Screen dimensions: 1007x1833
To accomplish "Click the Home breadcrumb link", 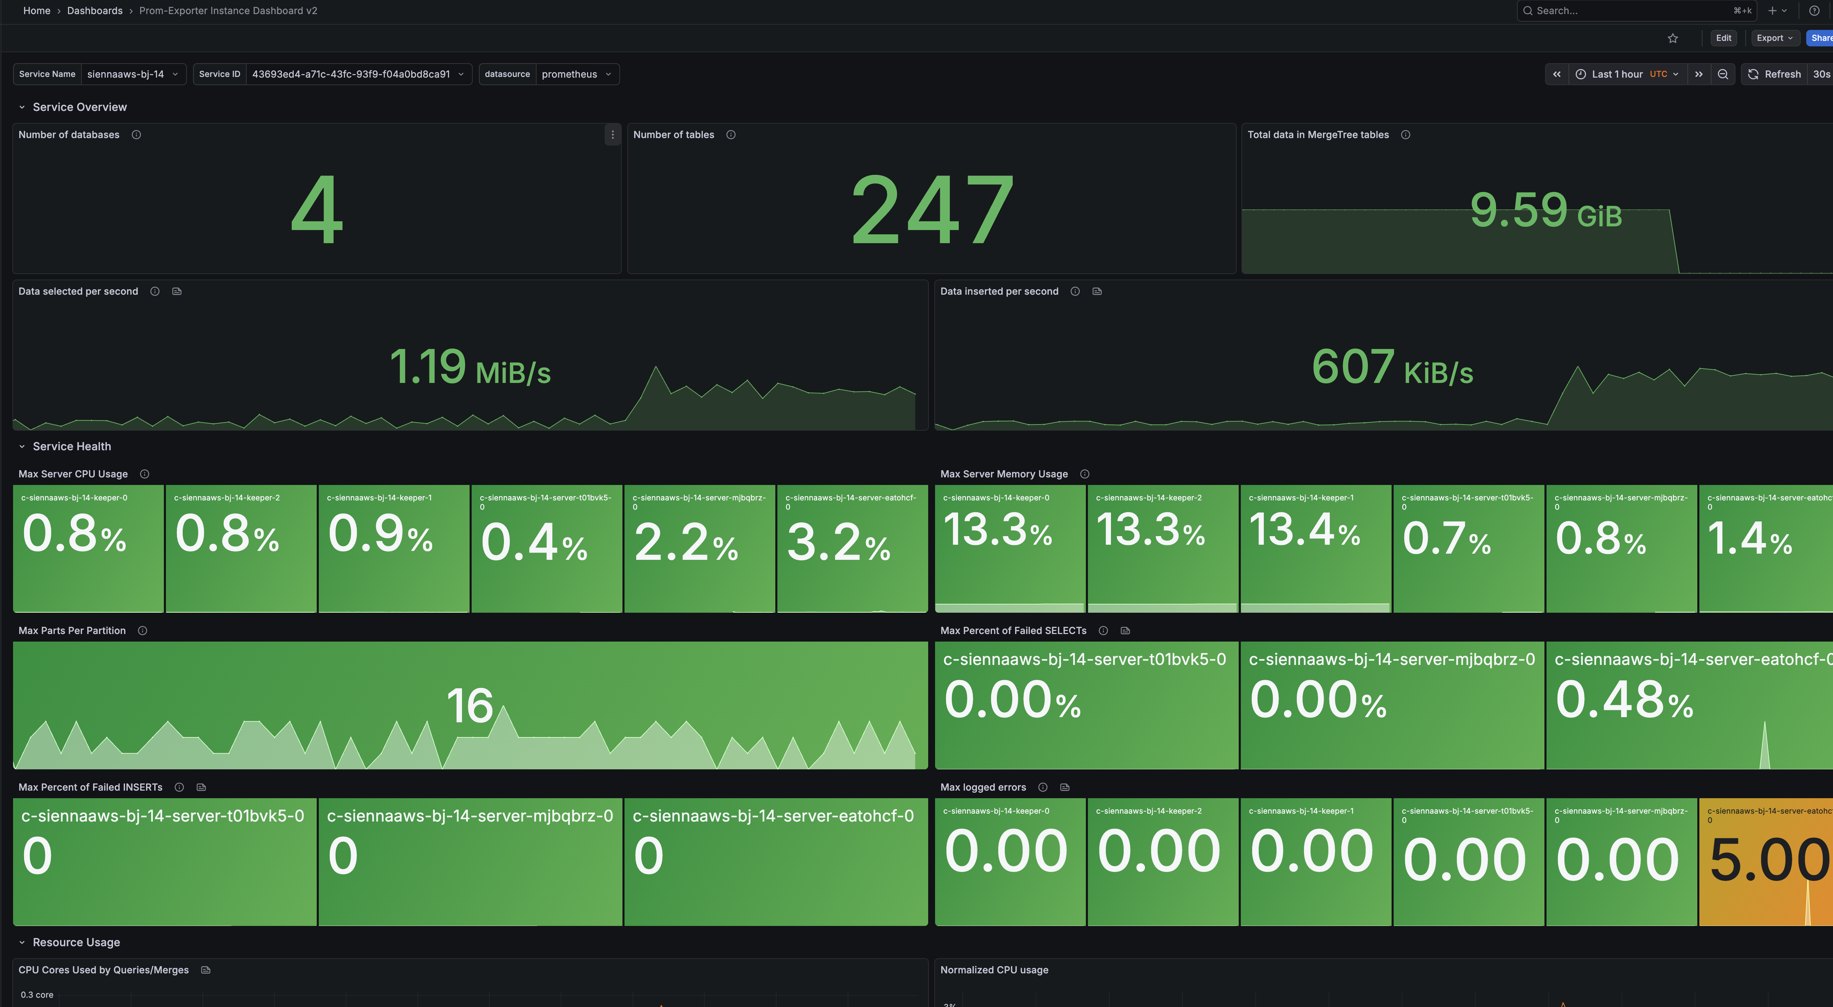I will (36, 11).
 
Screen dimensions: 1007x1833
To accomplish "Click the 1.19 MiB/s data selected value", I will (470, 367).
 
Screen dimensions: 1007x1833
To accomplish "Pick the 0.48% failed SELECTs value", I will (1624, 701).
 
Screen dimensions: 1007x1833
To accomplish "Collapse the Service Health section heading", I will (72, 446).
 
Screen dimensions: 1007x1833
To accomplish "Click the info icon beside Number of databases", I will (136, 135).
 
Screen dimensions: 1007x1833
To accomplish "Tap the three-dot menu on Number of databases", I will (612, 135).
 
